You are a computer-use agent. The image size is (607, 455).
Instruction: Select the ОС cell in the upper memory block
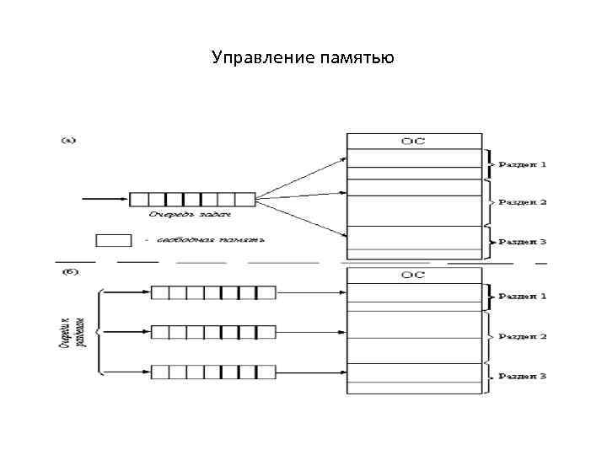coord(412,141)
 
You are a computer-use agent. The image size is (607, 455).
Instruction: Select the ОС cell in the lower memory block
coord(412,275)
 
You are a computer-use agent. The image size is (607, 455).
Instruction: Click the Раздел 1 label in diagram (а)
coord(523,163)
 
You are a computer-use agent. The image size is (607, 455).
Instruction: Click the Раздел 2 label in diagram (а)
coord(523,202)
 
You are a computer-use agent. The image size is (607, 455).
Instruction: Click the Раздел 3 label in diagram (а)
coord(523,242)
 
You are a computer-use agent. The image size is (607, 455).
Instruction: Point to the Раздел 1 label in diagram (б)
coord(523,297)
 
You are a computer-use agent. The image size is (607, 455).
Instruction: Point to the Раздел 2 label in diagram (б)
coord(523,336)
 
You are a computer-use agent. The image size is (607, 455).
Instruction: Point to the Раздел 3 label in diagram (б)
coord(523,375)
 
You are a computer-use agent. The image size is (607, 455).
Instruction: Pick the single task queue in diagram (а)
coord(191,200)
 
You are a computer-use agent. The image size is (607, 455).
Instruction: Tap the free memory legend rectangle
coord(114,240)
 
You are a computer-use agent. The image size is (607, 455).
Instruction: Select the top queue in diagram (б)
coord(213,292)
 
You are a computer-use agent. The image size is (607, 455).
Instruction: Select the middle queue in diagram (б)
coord(213,332)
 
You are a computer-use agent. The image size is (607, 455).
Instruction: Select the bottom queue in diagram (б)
coord(213,372)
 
